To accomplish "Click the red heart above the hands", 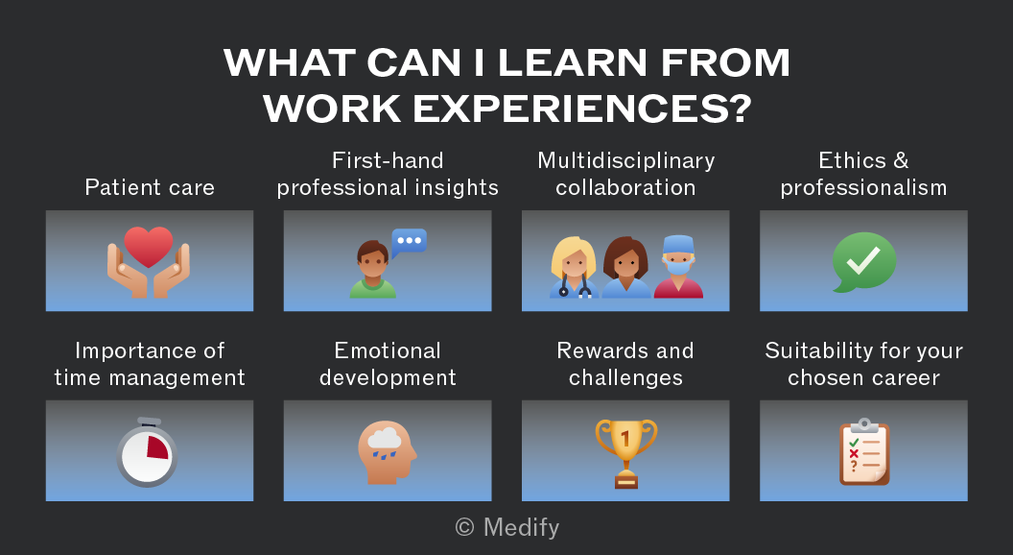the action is point(149,247).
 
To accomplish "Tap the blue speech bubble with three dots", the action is point(409,243).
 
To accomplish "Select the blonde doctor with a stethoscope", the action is point(574,268).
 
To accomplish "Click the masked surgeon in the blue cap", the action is point(678,267).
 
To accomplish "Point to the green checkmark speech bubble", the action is point(863,262).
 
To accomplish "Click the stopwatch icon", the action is point(148,452).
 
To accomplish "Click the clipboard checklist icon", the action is point(864,452).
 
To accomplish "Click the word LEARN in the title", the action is point(573,62).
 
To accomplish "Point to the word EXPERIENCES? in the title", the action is point(582,109).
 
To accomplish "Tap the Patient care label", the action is point(150,187).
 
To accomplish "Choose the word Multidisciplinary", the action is point(626,161).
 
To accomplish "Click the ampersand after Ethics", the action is point(901,160).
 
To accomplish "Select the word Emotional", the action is point(388,350).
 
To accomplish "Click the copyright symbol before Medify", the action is point(464,527).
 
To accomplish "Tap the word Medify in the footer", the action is point(521,528).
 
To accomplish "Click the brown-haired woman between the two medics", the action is point(626,268).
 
